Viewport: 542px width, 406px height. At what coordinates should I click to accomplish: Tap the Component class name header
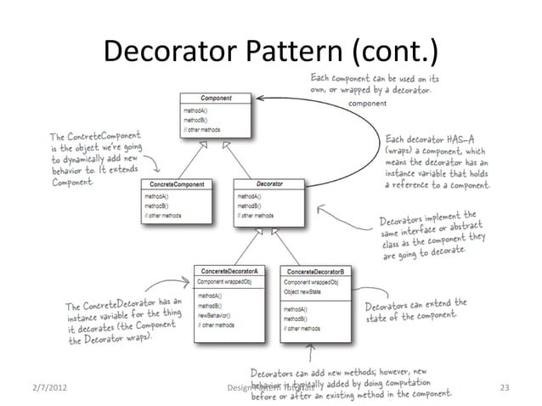[216, 99]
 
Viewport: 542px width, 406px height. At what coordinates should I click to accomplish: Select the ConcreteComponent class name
[177, 183]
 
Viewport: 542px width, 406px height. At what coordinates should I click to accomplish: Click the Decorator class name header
[269, 183]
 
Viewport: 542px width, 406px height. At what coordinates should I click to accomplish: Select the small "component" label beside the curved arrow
[368, 102]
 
